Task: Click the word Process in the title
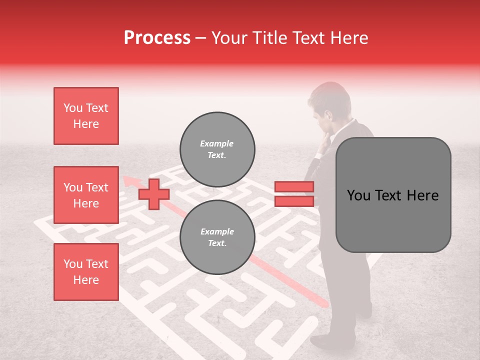[157, 38]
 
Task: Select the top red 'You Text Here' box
[86, 116]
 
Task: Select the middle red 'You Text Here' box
[86, 195]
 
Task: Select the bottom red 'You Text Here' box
[86, 272]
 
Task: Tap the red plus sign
[154, 194]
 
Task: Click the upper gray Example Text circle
[217, 149]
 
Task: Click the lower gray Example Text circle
[217, 237]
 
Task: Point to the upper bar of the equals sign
[294, 186]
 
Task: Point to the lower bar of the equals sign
[294, 201]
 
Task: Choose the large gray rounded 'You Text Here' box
[393, 195]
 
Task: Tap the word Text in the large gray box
[392, 195]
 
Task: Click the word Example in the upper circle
[216, 143]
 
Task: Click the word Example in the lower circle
[217, 231]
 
